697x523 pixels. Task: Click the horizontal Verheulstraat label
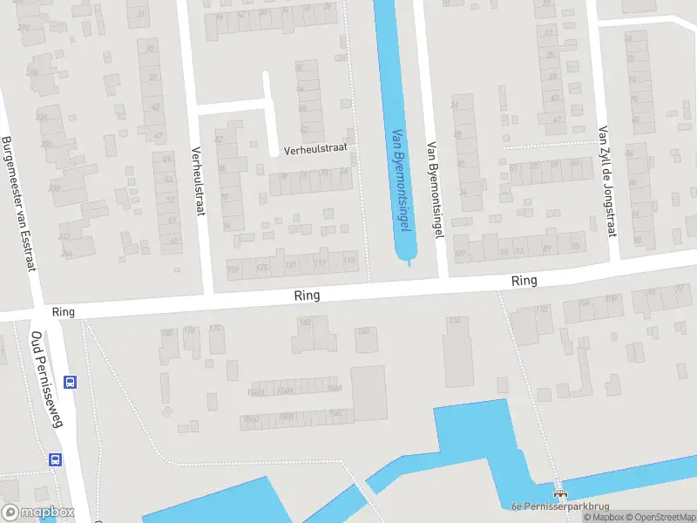click(x=315, y=149)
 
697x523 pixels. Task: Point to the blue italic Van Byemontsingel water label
click(x=401, y=179)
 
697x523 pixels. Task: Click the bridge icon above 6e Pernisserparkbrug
click(x=559, y=492)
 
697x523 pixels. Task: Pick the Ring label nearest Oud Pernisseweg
click(x=64, y=311)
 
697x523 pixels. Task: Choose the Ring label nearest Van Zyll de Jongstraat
click(x=524, y=281)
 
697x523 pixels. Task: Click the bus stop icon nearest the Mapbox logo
click(x=55, y=459)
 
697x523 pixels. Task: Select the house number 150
click(x=363, y=331)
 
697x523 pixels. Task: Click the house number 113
click(x=349, y=261)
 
